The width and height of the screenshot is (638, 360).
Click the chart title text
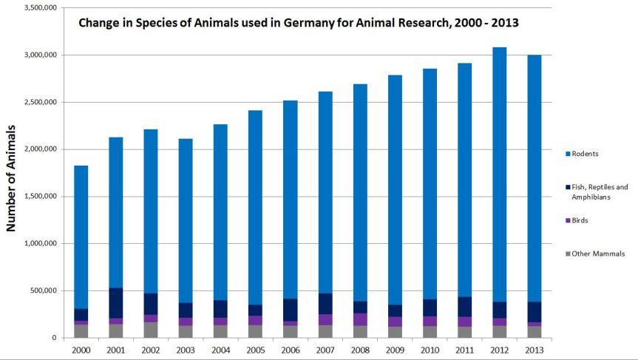[299, 23]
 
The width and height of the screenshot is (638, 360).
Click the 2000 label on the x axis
[81, 349]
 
